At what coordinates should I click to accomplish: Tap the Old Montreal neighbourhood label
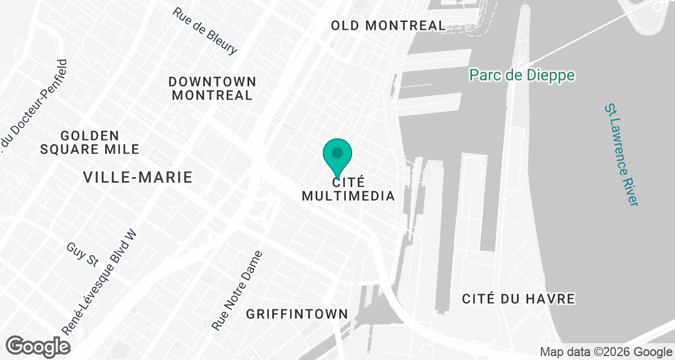click(388, 25)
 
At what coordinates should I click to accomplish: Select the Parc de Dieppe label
click(523, 75)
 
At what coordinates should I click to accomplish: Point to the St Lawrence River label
click(621, 154)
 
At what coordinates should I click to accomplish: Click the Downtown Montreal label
click(212, 89)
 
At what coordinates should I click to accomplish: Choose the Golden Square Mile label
click(90, 142)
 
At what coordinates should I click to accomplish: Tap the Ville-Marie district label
click(138, 178)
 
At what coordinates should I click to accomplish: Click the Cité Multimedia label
click(348, 190)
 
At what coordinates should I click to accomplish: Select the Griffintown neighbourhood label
click(297, 314)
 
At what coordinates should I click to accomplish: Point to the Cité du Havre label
click(519, 299)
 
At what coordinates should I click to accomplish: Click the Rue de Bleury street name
click(205, 31)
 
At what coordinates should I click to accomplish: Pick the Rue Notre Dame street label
click(237, 290)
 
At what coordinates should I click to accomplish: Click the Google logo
click(38, 346)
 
